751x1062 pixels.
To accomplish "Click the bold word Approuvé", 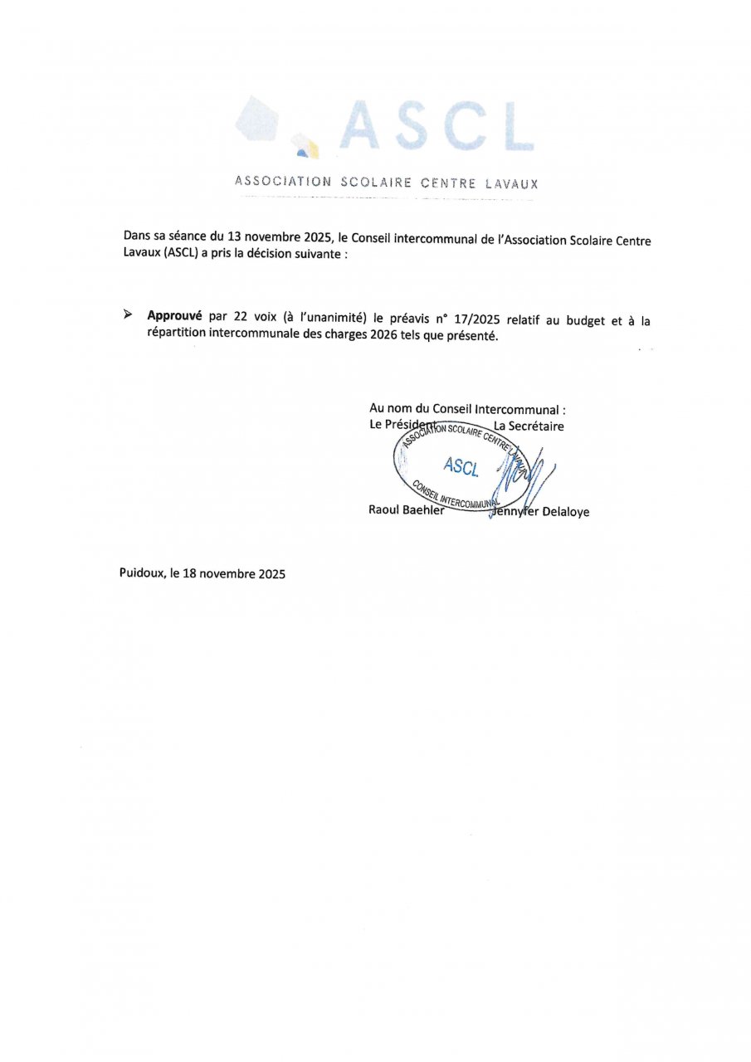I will tap(174, 315).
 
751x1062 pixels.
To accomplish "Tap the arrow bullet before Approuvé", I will tap(128, 314).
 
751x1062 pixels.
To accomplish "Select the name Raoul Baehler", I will tap(407, 510).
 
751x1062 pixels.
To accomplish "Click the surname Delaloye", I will tap(566, 512).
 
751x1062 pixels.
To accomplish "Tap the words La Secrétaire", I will tap(529, 426).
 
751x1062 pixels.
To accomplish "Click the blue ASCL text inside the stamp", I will tap(461, 466).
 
